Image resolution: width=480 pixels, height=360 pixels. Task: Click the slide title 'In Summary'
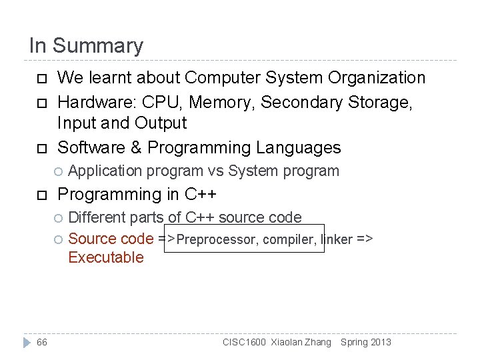click(x=86, y=46)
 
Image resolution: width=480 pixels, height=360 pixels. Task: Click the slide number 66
click(x=42, y=343)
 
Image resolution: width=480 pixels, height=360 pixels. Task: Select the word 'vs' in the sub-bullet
click(x=215, y=171)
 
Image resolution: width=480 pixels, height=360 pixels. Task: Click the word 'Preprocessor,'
click(x=217, y=239)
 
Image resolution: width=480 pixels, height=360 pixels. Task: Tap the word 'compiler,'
click(x=290, y=239)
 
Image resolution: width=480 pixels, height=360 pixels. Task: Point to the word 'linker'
click(x=337, y=239)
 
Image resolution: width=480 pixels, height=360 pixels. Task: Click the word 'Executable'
click(x=106, y=257)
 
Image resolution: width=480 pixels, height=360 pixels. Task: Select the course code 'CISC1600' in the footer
click(x=245, y=343)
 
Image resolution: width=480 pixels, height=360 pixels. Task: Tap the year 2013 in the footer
click(x=381, y=343)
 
